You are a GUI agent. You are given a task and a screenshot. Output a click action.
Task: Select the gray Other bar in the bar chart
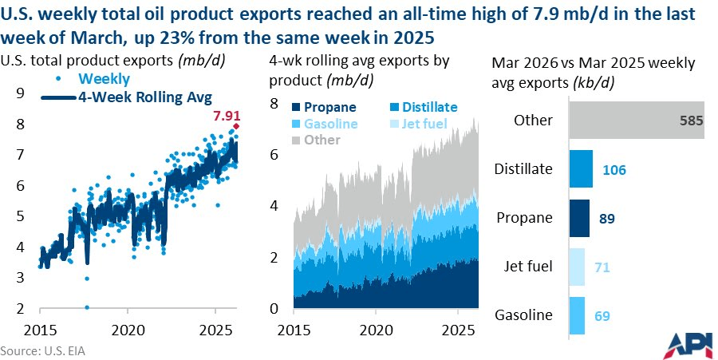[635, 120]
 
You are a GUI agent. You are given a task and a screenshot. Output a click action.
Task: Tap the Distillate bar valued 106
[580, 169]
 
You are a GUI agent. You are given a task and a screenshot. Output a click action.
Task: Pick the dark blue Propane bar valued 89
[578, 218]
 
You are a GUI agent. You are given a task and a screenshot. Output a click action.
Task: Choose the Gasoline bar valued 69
[576, 315]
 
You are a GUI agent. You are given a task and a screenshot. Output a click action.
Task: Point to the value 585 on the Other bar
[688, 121]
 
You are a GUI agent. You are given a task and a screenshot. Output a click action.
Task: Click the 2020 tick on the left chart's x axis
[128, 330]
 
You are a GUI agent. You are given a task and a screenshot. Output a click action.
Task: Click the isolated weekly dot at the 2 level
[86, 307]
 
